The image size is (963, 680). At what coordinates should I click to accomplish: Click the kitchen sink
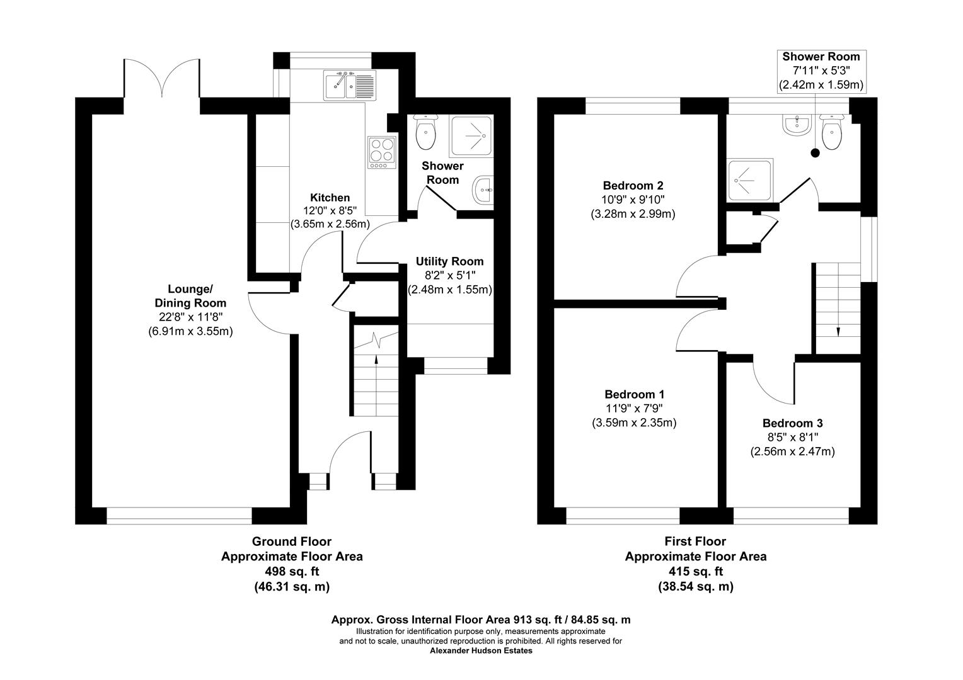[350, 85]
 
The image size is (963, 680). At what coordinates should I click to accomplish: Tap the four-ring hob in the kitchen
[381, 152]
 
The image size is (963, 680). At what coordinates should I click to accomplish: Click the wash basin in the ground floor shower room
[483, 190]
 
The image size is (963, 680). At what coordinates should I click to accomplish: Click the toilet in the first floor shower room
[831, 133]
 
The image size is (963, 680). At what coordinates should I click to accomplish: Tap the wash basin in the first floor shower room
[797, 124]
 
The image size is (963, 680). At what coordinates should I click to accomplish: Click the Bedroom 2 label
[633, 186]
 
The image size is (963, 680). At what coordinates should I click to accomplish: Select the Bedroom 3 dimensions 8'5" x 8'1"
[792, 438]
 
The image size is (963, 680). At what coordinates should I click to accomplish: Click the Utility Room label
[449, 261]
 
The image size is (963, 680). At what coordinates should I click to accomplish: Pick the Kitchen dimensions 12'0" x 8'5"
[329, 212]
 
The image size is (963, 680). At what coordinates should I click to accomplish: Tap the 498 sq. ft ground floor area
[291, 572]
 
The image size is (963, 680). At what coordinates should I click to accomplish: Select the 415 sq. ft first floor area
[695, 572]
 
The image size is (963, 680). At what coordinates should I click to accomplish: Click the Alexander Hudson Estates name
[481, 651]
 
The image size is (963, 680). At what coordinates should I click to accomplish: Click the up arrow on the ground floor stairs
[376, 361]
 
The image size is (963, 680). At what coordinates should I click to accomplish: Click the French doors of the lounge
[162, 79]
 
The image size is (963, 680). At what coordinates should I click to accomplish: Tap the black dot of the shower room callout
[815, 152]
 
